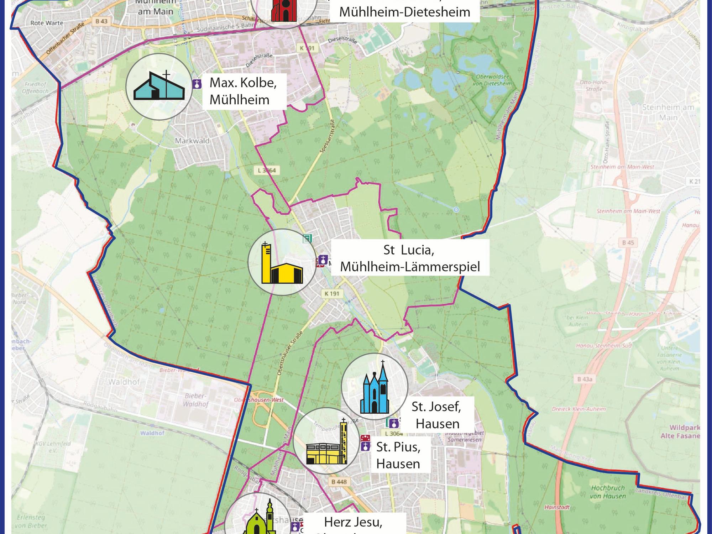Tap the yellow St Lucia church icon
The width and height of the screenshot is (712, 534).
(x=282, y=263)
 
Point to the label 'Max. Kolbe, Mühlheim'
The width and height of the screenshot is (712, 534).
(x=244, y=91)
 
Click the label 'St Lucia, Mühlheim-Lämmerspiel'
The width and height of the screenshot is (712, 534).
(x=410, y=258)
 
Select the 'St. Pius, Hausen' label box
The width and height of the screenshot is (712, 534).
(x=398, y=455)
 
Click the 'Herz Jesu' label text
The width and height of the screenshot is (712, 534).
(x=353, y=522)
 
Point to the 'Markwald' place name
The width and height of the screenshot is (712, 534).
(x=192, y=141)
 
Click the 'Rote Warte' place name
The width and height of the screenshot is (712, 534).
(x=47, y=23)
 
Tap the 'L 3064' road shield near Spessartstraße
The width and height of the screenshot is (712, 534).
(x=267, y=171)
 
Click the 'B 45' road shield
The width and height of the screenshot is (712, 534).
(x=628, y=243)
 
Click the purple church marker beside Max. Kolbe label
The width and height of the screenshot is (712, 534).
(x=197, y=84)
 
